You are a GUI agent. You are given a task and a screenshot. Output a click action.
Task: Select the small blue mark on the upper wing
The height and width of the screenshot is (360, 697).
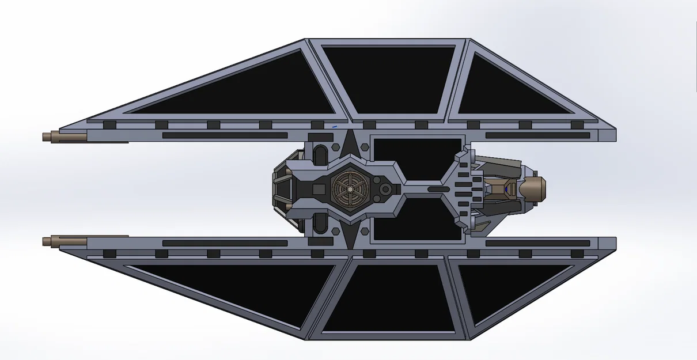click(x=334, y=125)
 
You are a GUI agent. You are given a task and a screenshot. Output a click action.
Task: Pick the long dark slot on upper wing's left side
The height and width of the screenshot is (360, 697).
click(x=225, y=135)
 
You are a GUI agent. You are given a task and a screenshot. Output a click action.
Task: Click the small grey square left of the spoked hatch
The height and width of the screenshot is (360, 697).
click(x=319, y=189)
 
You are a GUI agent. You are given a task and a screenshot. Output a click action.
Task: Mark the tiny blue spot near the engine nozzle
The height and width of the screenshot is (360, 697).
click(x=506, y=187)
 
